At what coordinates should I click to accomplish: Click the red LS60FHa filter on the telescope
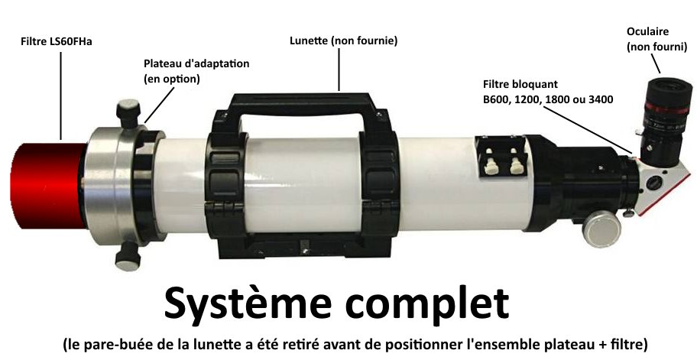click(48, 186)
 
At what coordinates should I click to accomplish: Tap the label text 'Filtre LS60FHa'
click(57, 42)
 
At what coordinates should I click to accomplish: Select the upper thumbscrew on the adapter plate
click(128, 113)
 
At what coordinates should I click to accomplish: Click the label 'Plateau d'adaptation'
click(196, 63)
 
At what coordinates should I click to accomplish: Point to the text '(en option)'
click(172, 79)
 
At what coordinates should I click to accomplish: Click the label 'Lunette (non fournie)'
click(344, 41)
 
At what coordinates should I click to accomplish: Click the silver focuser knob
click(601, 228)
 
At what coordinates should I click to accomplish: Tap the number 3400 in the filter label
click(601, 99)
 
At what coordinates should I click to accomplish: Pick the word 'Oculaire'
click(647, 31)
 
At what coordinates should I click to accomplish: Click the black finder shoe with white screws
click(500, 157)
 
